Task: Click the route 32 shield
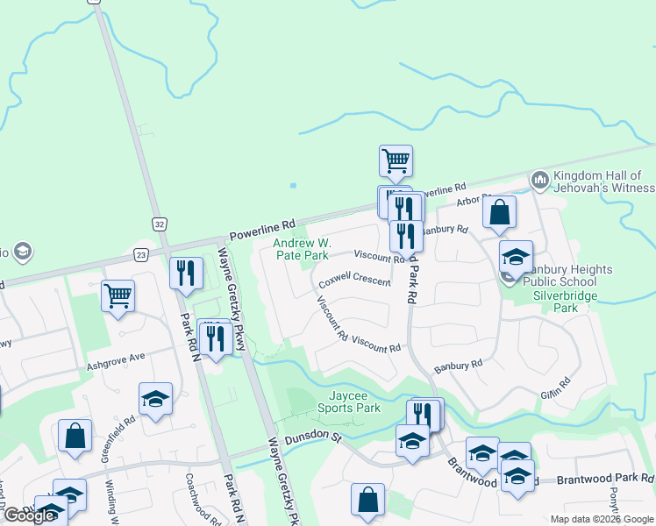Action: coord(158,224)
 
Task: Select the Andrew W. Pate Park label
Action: coord(300,249)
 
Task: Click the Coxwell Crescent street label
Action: coord(354,281)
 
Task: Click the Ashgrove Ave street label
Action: coord(114,359)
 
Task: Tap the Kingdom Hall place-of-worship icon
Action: coord(539,181)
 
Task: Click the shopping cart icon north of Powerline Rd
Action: coord(396,160)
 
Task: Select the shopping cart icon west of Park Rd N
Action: coord(118,295)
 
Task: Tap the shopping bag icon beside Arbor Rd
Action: coord(499,212)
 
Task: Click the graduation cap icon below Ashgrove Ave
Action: coord(155,399)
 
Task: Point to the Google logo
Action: coord(29,515)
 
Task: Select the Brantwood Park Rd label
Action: coord(610,479)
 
